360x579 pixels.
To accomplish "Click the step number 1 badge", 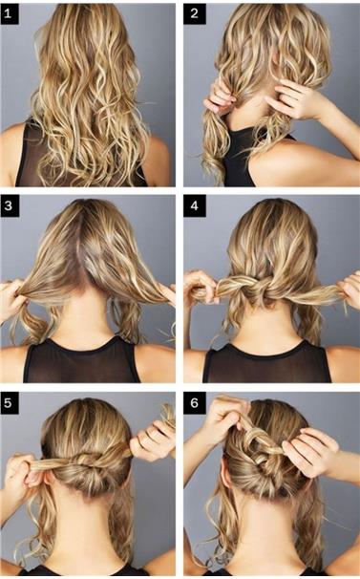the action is pyautogui.click(x=10, y=14).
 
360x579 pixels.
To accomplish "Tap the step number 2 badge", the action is pyautogui.click(x=194, y=14).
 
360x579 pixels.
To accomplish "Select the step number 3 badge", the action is pyautogui.click(x=10, y=206).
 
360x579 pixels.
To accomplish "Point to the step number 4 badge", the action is pyautogui.click(x=195, y=206).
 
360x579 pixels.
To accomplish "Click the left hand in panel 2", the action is pyautogui.click(x=219, y=96).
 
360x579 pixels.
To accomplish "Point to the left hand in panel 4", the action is pyautogui.click(x=200, y=289).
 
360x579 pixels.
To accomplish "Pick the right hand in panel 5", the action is pyautogui.click(x=152, y=440).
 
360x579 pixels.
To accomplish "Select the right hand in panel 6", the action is pyautogui.click(x=310, y=454).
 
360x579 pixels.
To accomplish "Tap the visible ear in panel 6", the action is pyautogui.click(x=226, y=477).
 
